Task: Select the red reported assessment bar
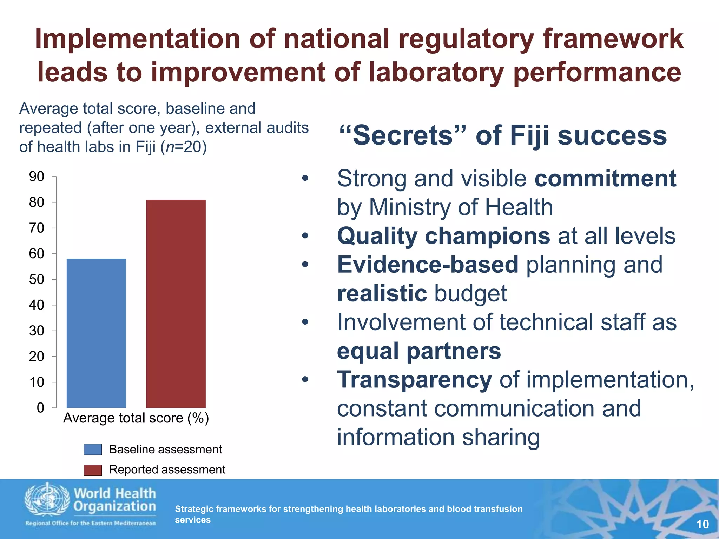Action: [176, 304]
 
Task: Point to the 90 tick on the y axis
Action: [37, 177]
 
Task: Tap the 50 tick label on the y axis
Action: [37, 279]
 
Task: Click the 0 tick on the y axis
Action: [40, 408]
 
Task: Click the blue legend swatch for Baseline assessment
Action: [93, 450]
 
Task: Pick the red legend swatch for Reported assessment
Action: [93, 470]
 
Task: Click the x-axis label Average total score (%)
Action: [136, 418]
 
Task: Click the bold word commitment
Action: [605, 179]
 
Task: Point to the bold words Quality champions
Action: [443, 236]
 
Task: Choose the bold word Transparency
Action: [414, 380]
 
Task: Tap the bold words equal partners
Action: [419, 351]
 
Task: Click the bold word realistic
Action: [382, 293]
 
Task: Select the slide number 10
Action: [702, 524]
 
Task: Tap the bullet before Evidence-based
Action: [305, 265]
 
